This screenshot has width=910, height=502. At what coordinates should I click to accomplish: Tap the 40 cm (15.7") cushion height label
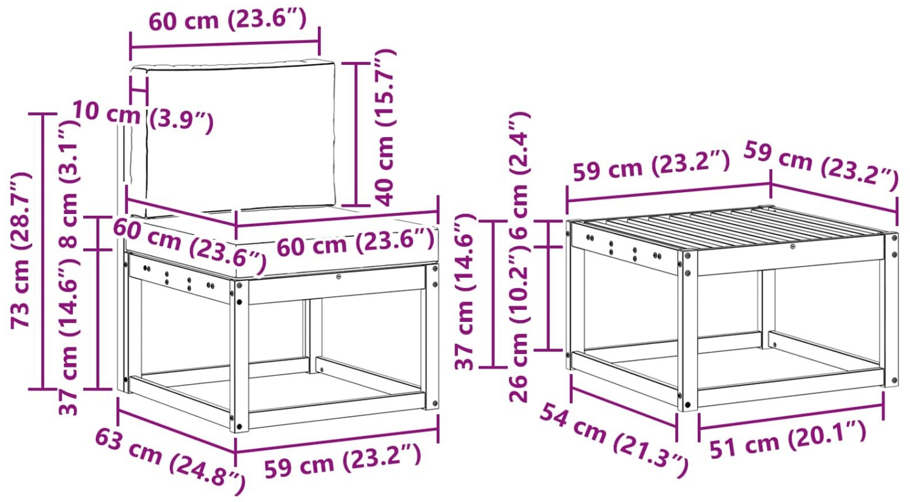tap(384, 127)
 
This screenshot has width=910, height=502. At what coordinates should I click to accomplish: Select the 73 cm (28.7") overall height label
tap(20, 250)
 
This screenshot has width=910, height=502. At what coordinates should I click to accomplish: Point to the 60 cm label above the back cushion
tap(228, 19)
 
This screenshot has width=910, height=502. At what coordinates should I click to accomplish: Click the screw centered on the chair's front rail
tap(339, 276)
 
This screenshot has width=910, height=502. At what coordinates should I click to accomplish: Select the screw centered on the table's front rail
tap(792, 247)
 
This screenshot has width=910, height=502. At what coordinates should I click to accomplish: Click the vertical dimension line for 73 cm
tap(43, 251)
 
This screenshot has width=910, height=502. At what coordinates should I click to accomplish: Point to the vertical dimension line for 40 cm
tap(356, 134)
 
